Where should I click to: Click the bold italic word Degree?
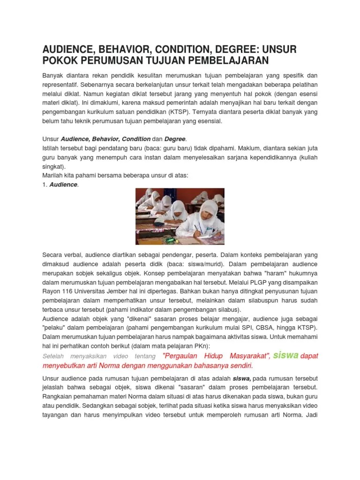(x=175, y=139)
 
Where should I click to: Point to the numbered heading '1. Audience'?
(x=60, y=185)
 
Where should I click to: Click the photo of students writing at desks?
(x=180, y=216)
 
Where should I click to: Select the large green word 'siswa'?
(x=285, y=355)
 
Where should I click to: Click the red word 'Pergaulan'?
(x=182, y=356)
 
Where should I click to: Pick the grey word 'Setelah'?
(x=55, y=356)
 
